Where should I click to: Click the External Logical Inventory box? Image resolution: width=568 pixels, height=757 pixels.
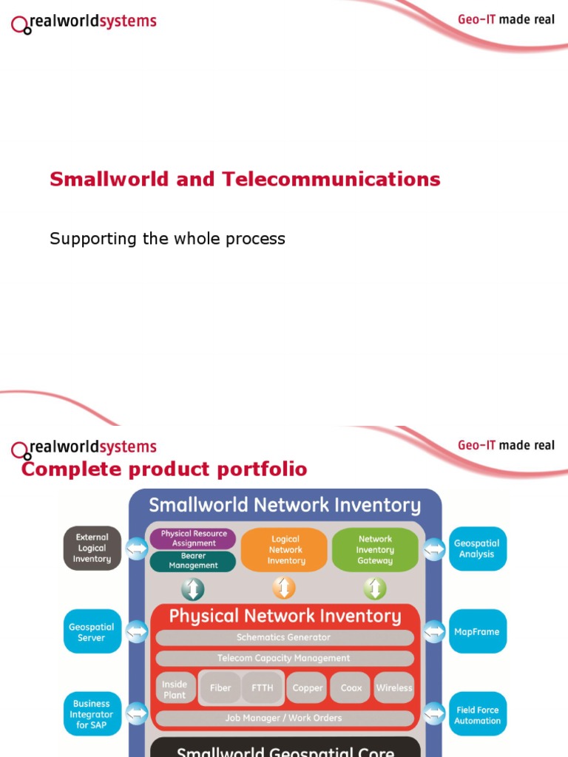(x=92, y=549)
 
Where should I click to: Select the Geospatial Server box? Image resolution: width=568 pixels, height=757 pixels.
(x=92, y=632)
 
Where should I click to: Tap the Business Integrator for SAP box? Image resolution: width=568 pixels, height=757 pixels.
(x=92, y=715)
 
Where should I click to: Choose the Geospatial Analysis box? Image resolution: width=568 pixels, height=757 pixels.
(x=477, y=549)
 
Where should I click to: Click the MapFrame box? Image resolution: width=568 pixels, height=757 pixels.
(x=477, y=632)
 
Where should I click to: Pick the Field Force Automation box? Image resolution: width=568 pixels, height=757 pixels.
(x=477, y=715)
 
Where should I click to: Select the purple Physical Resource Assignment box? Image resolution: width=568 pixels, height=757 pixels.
(x=193, y=538)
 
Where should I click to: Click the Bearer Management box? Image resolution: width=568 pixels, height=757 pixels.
(x=193, y=560)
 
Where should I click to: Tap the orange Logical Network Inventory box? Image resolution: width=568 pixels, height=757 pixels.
(x=285, y=550)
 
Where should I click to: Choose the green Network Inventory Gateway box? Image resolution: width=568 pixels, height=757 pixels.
(x=375, y=550)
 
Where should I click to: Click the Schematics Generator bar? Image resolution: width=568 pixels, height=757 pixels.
(x=284, y=637)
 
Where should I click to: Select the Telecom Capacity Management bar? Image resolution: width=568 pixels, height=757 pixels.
(x=284, y=658)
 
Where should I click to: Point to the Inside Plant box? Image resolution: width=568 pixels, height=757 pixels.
(x=175, y=688)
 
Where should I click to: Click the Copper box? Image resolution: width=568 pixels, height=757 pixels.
(x=308, y=688)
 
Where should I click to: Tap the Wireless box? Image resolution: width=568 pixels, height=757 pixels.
(x=394, y=688)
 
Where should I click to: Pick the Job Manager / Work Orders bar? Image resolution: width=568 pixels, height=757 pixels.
(x=284, y=718)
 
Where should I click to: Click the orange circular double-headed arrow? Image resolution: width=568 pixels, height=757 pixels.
(x=284, y=588)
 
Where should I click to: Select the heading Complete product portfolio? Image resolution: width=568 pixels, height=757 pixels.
(x=164, y=469)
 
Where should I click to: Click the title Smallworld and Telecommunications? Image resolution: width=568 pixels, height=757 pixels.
(x=245, y=179)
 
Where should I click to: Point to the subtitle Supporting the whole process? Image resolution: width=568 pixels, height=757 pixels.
(x=167, y=239)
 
